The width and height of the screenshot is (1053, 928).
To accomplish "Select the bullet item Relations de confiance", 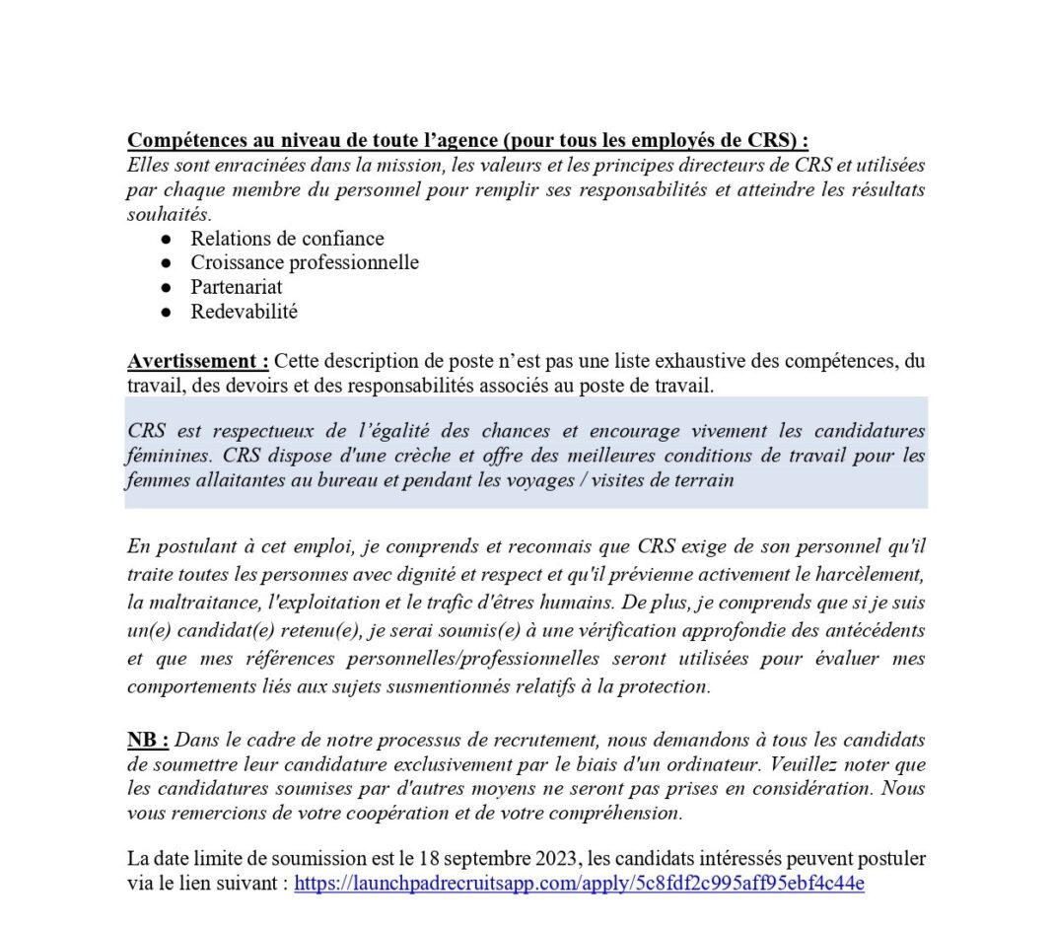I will (x=287, y=239).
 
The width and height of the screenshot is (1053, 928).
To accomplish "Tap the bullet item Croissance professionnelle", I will (x=305, y=262).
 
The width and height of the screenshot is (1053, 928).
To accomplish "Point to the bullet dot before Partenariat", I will (x=168, y=288).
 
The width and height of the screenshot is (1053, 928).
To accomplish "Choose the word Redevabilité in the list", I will (x=244, y=312).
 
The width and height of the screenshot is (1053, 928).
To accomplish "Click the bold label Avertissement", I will (x=197, y=362).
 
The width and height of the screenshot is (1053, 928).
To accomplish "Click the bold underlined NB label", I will (x=148, y=740).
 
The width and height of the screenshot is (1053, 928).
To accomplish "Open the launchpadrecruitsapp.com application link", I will (x=579, y=884).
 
